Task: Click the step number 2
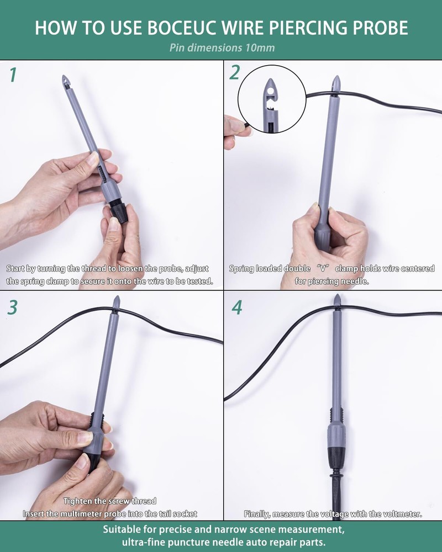(236, 73)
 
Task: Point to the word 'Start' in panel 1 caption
(17, 269)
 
